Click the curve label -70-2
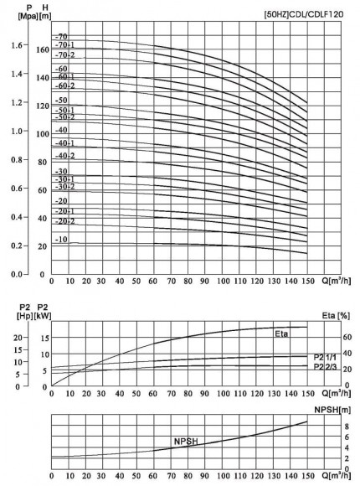[64, 54]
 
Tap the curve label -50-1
[64, 110]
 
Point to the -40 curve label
[60, 130]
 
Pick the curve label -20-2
[64, 221]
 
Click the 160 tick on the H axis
[43, 49]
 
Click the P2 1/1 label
[327, 357]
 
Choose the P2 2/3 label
[327, 367]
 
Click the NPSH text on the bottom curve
[186, 441]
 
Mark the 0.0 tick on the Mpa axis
[17, 275]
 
